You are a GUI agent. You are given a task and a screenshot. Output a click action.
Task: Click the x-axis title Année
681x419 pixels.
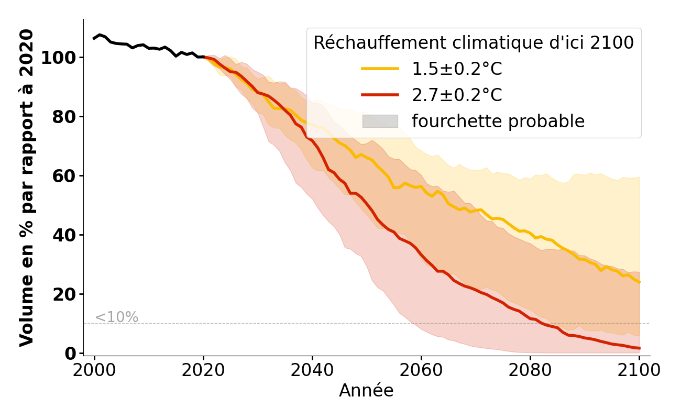pos(366,391)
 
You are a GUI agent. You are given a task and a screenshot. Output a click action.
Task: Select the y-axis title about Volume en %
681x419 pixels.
pos(27,188)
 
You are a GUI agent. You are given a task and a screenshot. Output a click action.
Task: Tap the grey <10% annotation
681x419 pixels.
pos(116,317)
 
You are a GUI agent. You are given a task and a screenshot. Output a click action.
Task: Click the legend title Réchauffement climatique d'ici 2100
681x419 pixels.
pos(474,43)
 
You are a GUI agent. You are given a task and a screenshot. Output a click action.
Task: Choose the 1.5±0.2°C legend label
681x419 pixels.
pos(457,69)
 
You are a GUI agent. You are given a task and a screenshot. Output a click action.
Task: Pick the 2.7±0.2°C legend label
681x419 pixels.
pos(457,95)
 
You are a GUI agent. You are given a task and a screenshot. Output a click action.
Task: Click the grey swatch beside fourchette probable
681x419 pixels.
pos(380,122)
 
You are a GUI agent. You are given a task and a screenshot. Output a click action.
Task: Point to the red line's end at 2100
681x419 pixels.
pos(639,348)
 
